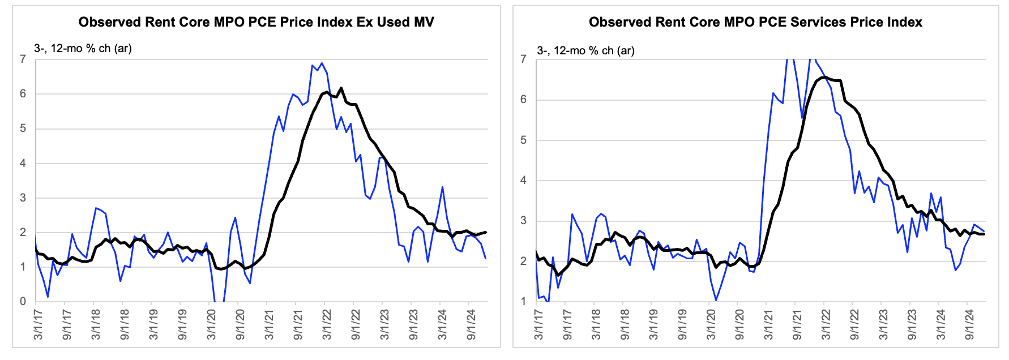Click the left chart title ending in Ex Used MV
256,22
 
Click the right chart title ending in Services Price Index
755,22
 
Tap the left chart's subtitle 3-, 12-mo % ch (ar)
83,48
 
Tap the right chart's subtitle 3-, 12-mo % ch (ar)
585,50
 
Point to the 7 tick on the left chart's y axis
23,59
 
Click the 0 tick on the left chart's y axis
23,302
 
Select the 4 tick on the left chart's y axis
23,163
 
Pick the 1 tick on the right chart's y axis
524,302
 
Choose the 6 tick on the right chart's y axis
524,100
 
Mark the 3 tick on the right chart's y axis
524,221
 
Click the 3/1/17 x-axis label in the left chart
38,324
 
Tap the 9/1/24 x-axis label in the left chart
471,324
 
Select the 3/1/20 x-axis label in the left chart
211,324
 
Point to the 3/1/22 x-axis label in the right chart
826,324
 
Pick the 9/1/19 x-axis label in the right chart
682,324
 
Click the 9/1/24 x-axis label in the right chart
969,324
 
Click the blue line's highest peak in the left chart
322,63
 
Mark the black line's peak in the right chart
824,77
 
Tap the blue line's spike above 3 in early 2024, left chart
442,187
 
